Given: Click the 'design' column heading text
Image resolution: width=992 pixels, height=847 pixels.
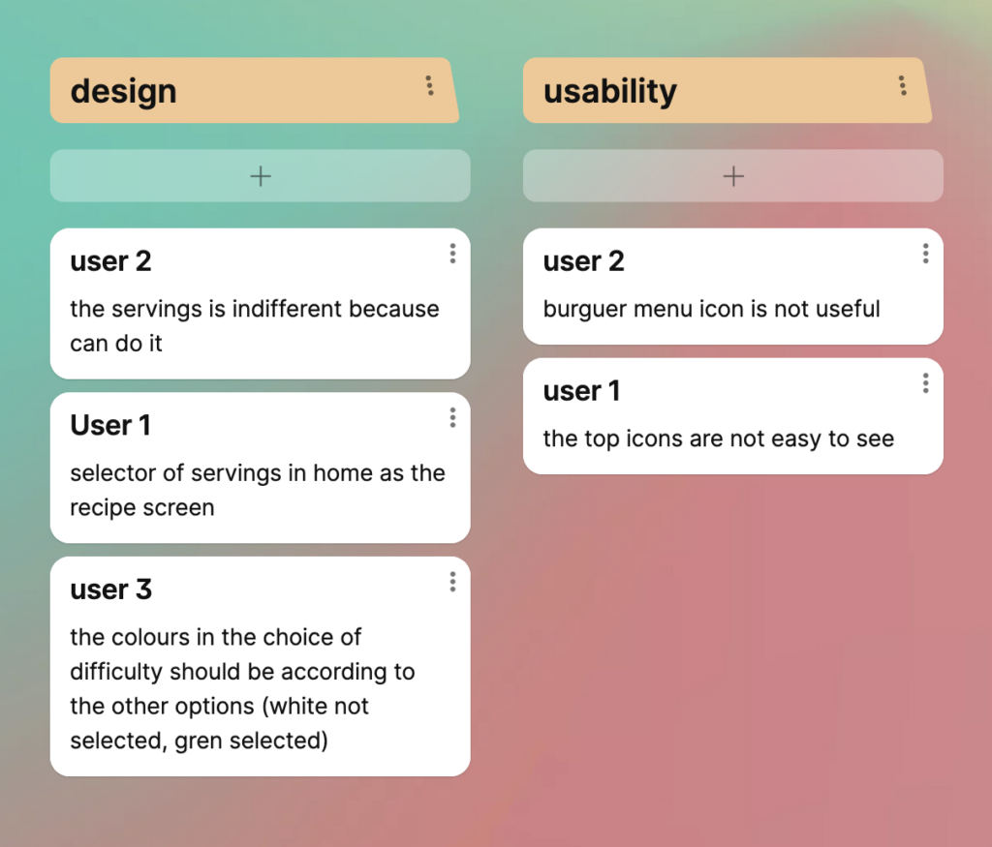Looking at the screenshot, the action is [123, 92].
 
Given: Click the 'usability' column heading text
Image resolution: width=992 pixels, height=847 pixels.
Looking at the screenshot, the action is [610, 92].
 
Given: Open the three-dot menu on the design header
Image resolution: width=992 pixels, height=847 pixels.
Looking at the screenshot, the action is [429, 85].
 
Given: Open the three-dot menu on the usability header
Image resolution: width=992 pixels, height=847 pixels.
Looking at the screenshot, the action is [903, 85].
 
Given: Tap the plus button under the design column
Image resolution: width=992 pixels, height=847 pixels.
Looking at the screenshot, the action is [260, 176].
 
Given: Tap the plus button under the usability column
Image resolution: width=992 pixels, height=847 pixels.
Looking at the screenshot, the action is [733, 176].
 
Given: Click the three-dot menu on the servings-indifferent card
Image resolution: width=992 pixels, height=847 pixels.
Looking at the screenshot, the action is [452, 254].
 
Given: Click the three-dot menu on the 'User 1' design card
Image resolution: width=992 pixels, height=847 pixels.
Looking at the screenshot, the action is [452, 417].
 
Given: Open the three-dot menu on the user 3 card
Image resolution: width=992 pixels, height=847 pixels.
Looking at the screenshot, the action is [452, 582].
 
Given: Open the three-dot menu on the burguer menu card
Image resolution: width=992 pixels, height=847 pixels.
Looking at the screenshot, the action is [925, 254].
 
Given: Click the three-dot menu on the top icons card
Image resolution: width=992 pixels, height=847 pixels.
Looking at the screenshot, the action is [925, 383].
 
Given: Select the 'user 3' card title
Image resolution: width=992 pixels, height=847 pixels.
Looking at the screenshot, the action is [110, 590].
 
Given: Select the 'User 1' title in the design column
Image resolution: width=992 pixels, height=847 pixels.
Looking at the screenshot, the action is [110, 425].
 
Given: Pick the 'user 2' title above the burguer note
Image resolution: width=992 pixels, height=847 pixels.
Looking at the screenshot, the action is [583, 261].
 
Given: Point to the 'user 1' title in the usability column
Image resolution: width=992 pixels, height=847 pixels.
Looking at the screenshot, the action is [581, 391].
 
